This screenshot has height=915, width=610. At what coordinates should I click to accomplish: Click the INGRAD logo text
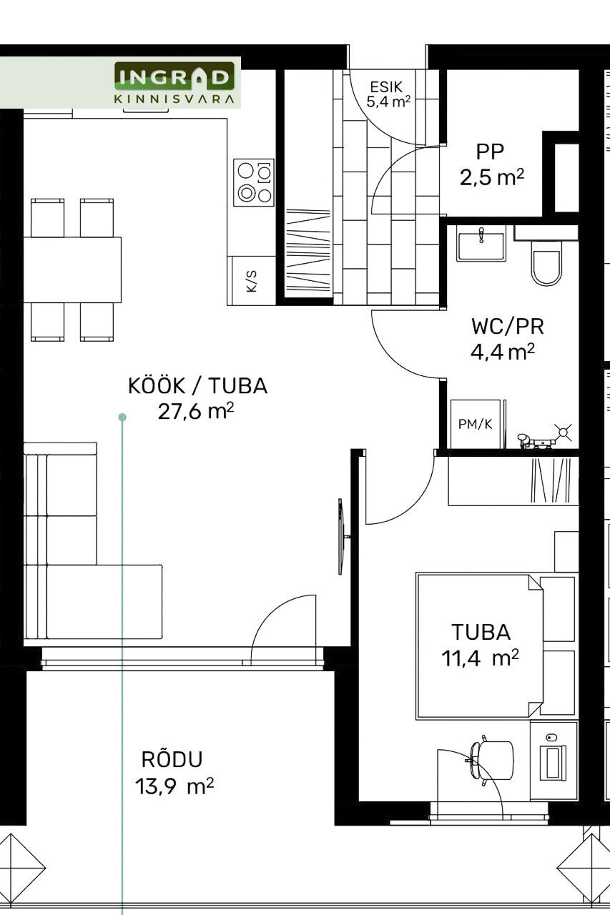(174, 77)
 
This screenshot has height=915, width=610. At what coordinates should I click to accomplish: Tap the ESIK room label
(386, 86)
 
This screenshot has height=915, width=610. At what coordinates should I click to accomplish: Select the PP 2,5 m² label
(491, 164)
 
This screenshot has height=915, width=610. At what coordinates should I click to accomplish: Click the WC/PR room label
(508, 327)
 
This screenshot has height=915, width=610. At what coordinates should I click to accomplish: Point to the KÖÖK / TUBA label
(198, 386)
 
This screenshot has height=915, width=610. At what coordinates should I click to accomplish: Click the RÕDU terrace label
(172, 759)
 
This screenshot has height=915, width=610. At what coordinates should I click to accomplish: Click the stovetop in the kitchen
(254, 182)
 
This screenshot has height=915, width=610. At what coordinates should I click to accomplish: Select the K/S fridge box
(251, 281)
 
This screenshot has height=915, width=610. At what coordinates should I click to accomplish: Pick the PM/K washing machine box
(475, 424)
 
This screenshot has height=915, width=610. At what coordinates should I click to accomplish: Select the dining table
(72, 269)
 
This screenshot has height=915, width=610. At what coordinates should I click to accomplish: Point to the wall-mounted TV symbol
(343, 537)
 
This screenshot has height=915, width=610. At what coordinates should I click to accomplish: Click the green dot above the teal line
(122, 417)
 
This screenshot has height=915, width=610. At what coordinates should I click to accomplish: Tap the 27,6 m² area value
(196, 411)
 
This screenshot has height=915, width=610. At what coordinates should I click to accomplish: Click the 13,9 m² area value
(174, 786)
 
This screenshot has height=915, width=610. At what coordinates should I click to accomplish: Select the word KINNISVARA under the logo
(174, 99)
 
